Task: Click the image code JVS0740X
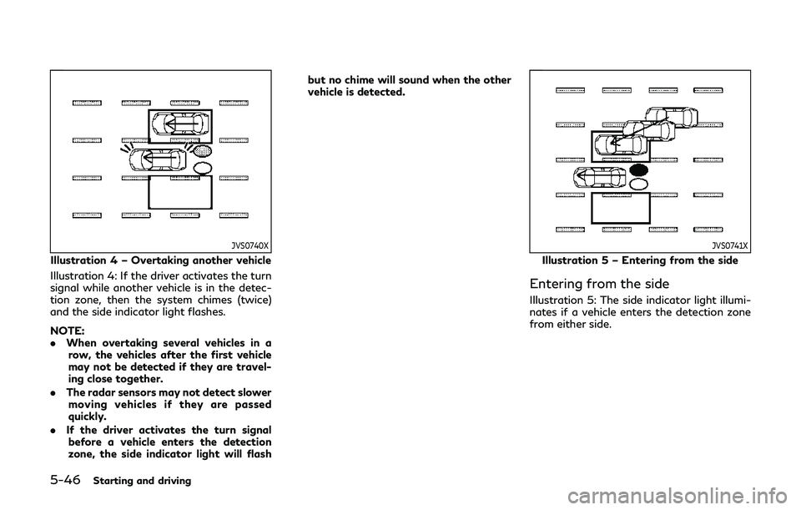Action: [x=250, y=245]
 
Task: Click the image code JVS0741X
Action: [x=730, y=245]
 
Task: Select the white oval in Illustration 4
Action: [x=204, y=168]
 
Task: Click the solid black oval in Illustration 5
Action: [x=639, y=170]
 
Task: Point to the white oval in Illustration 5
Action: [x=639, y=184]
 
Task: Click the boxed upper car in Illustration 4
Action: [x=181, y=124]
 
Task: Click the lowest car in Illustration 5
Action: [x=600, y=178]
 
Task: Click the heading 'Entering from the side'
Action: [x=599, y=284]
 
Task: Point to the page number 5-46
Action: [x=65, y=480]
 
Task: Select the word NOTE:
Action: [x=68, y=331]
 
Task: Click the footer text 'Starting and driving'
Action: [x=142, y=481]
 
